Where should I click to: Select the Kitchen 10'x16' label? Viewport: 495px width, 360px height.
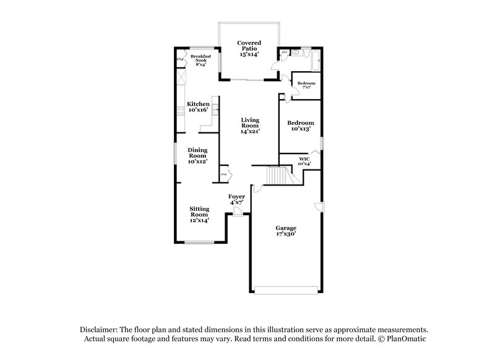pos(199,107)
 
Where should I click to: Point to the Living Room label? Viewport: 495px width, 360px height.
pos(250,126)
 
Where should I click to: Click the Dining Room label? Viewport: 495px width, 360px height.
pos(198,155)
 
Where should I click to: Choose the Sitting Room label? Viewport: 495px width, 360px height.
pos(199,214)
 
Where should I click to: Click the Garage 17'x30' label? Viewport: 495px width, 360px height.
pos(286,231)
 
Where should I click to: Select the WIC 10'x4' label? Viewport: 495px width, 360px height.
pos(304,161)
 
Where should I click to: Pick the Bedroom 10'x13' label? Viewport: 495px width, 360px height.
pos(300,126)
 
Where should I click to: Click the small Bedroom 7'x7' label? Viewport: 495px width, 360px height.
pos(306,85)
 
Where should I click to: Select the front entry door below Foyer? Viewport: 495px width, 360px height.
pos(238,212)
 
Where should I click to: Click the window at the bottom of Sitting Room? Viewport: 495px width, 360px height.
pos(199,242)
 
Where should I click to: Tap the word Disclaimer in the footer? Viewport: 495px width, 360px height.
pos(100,330)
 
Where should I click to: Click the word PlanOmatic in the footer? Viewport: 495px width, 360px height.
pos(406,339)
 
